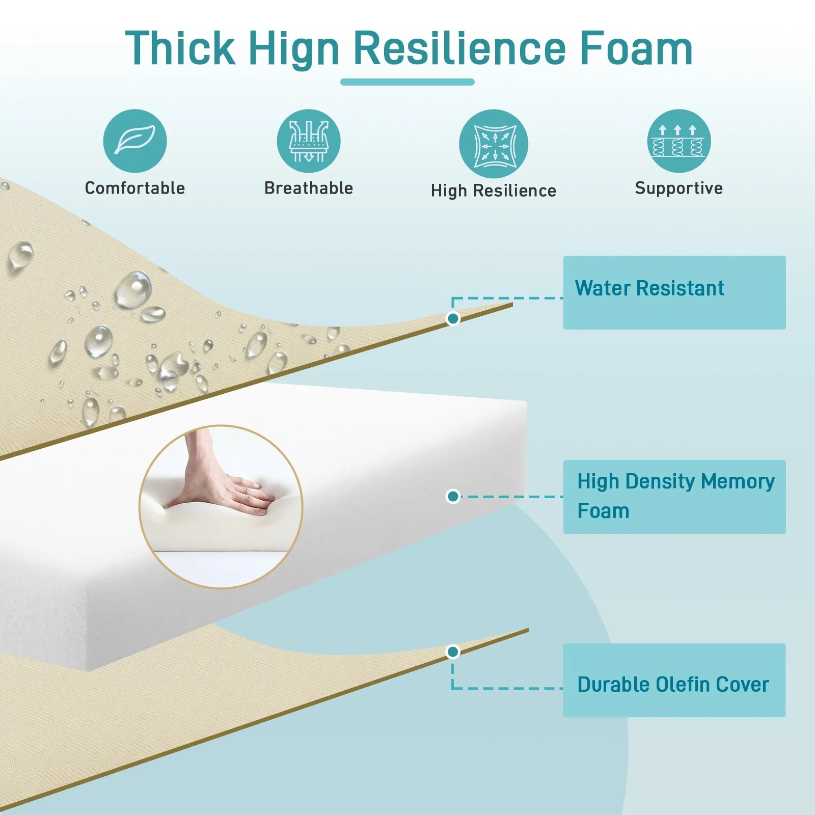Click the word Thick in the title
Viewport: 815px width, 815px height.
(x=180, y=48)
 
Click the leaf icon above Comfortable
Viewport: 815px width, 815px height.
(x=135, y=141)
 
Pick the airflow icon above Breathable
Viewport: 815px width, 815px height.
(x=309, y=141)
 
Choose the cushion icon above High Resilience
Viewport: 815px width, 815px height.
(x=493, y=144)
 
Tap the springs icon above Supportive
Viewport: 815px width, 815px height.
(x=679, y=141)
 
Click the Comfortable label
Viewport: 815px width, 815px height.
(x=135, y=188)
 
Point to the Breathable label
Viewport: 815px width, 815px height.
(x=309, y=188)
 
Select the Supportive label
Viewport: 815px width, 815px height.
(x=679, y=188)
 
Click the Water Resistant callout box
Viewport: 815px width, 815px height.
(x=674, y=292)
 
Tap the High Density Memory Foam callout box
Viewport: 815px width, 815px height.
(x=674, y=497)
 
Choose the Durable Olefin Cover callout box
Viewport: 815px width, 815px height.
(x=674, y=680)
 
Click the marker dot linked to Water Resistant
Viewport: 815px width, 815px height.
(x=453, y=319)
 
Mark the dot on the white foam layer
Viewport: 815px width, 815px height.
(x=453, y=496)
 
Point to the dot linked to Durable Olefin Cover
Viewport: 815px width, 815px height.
(x=453, y=652)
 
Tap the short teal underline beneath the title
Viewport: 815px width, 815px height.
(x=407, y=82)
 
